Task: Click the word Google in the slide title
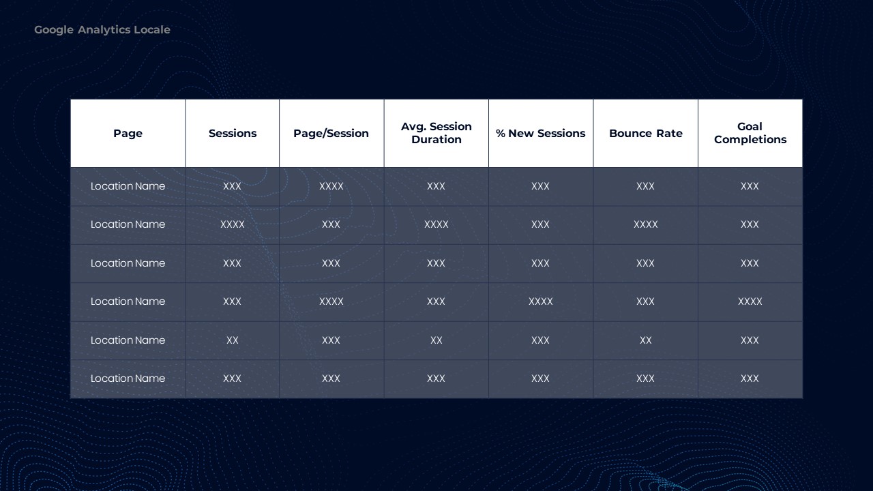point(54,30)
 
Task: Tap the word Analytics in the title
point(104,30)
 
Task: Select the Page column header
point(128,133)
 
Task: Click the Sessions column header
point(233,133)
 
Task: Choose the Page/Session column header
point(331,133)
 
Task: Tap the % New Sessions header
point(541,133)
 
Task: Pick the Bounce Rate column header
point(646,133)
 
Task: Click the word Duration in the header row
point(436,140)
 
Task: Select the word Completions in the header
point(750,140)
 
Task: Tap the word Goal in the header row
point(750,127)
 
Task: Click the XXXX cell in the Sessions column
point(233,224)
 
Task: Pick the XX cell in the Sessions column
point(233,340)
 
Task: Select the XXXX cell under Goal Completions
point(750,301)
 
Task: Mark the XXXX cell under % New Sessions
point(541,301)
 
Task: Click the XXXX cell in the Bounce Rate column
point(646,224)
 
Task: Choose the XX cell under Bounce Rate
point(646,340)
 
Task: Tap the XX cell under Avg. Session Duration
point(436,340)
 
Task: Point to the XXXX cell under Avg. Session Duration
point(436,224)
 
